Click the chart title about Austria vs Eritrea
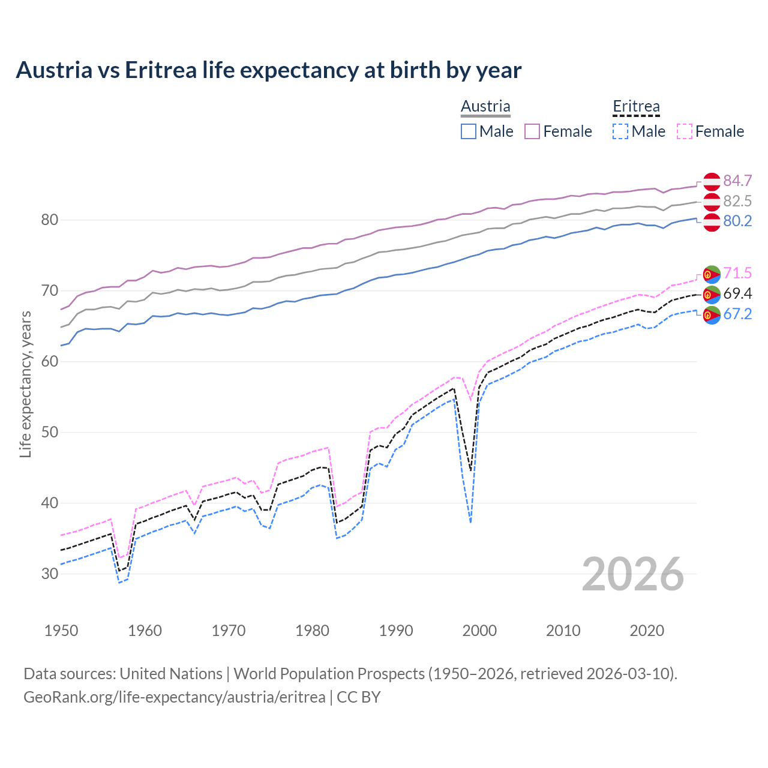[x=268, y=70]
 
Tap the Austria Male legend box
[x=469, y=131]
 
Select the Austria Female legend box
[x=533, y=131]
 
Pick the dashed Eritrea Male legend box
[x=620, y=131]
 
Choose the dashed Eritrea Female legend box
[x=685, y=131]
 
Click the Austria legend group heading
[x=485, y=106]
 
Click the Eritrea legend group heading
[x=636, y=106]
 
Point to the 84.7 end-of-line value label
[x=737, y=181]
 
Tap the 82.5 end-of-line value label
[x=737, y=201]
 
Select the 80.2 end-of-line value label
[x=737, y=221]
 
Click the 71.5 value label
[x=737, y=274]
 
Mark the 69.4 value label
[x=737, y=294]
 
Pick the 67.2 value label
[x=737, y=314]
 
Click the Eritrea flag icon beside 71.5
[x=712, y=274]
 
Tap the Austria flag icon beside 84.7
[x=712, y=181]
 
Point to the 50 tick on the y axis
[x=50, y=433]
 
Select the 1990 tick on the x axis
[x=396, y=631]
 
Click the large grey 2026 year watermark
[x=633, y=575]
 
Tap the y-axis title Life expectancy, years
[x=25, y=384]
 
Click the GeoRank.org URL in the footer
[x=174, y=697]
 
